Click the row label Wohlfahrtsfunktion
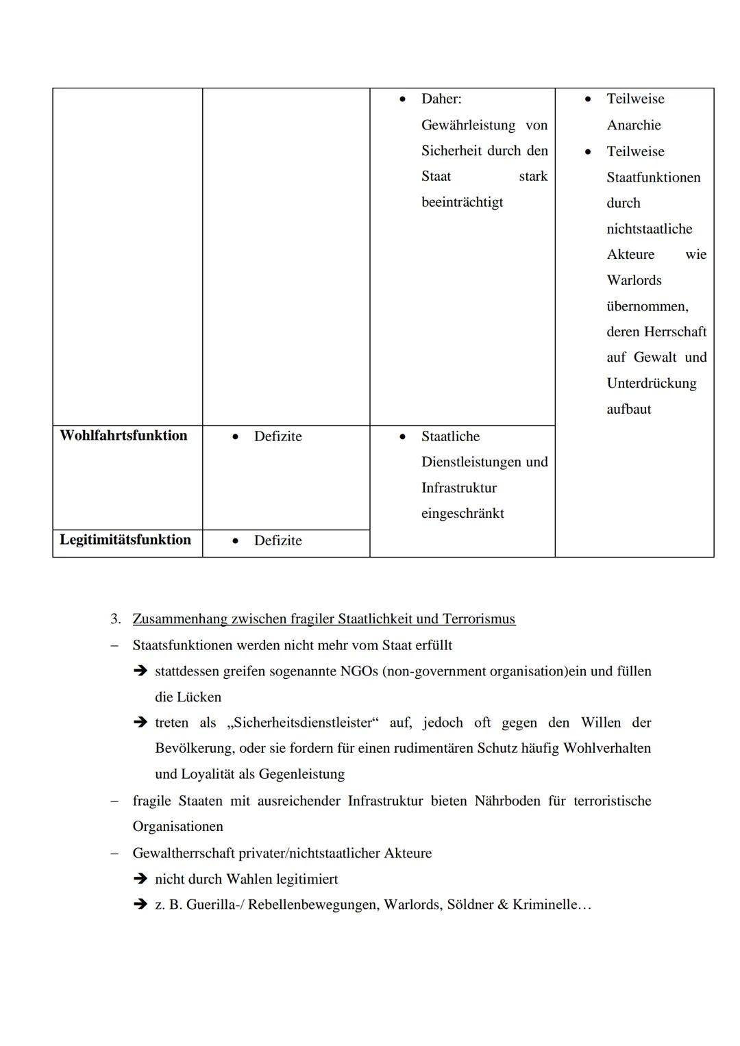(123, 436)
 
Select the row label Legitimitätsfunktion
(125, 540)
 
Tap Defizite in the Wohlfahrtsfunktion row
(277, 436)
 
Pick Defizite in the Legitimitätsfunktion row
(277, 540)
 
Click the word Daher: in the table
(441, 99)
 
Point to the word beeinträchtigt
(462, 202)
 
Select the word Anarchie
(634, 125)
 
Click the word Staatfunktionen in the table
(653, 177)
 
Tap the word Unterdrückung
(651, 383)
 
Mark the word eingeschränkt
(463, 513)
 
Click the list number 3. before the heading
(116, 619)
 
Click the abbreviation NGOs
(359, 671)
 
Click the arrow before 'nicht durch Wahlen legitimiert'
(140, 879)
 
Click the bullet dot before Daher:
(402, 99)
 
